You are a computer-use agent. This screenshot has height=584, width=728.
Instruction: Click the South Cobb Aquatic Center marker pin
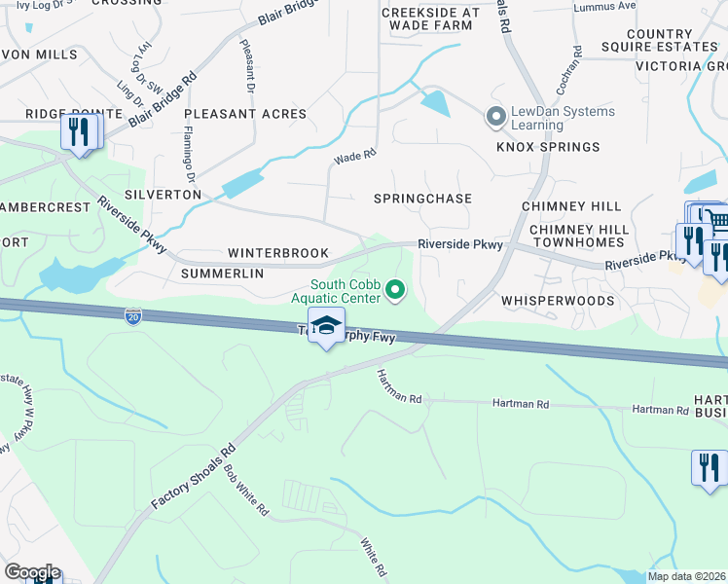tap(395, 289)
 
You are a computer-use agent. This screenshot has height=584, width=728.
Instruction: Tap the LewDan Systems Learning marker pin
tap(496, 118)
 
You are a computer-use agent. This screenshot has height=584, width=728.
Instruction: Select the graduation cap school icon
tap(327, 327)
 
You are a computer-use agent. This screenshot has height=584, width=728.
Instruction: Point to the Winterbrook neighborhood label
tap(278, 253)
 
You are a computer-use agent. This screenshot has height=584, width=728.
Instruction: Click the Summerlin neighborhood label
tap(223, 274)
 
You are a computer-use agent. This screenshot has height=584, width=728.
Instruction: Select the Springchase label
tap(422, 199)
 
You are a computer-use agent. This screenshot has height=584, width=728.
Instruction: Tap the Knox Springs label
tap(549, 147)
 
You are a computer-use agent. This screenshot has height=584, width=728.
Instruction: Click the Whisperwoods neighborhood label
tap(558, 302)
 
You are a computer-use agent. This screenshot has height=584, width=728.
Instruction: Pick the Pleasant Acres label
tap(245, 114)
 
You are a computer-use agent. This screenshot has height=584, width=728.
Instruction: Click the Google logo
tap(31, 572)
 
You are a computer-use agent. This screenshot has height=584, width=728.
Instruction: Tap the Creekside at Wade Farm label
tap(430, 18)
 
